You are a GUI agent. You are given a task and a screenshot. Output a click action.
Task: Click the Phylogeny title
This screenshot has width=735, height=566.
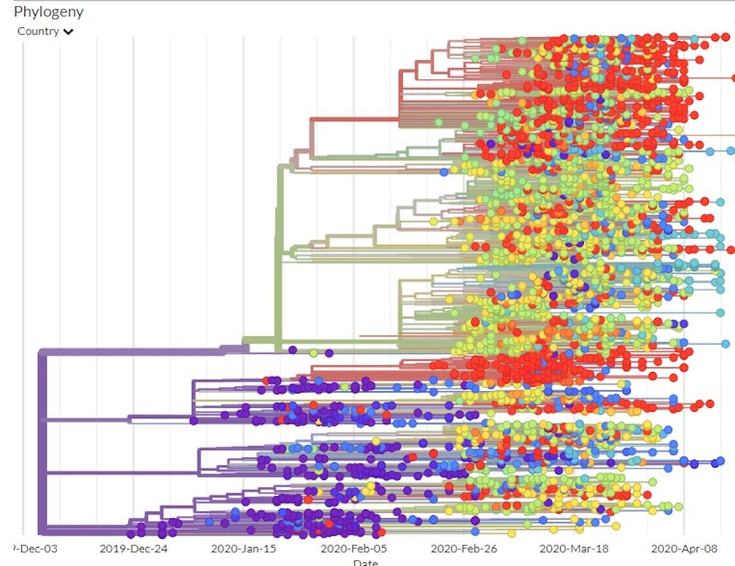coord(49,12)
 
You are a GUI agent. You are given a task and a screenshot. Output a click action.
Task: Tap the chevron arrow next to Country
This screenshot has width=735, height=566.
coord(68,32)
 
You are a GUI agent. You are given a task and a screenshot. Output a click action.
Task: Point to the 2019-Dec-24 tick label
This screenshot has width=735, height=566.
coord(133,548)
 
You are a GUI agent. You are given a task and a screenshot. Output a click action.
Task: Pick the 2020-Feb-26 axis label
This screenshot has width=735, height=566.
coord(464,548)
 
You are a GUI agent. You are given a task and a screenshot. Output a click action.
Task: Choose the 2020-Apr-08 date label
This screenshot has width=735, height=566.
coord(684,548)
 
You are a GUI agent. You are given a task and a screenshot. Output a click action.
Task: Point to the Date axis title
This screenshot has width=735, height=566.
coord(365,562)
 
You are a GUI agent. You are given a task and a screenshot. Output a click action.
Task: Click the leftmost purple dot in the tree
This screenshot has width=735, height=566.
coord(131,534)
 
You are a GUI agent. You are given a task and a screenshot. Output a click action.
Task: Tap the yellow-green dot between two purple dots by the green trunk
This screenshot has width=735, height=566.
coord(313,353)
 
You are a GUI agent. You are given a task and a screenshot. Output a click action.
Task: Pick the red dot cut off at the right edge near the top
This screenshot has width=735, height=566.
coord(732,78)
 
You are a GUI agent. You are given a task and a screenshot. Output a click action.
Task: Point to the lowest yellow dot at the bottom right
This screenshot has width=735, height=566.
coord(616,526)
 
